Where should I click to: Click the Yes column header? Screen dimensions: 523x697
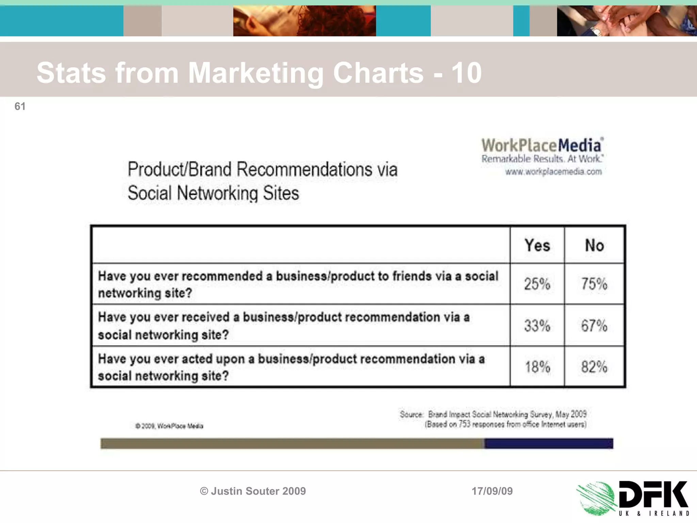coord(537,245)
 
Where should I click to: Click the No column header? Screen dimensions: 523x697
coord(594,245)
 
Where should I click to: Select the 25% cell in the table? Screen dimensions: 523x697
coord(537,284)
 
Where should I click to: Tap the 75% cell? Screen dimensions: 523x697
coord(594,284)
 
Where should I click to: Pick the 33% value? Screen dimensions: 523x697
coord(537,326)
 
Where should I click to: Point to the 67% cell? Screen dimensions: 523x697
coord(594,326)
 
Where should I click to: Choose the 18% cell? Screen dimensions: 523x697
coord(537,367)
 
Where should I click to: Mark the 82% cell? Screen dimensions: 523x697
coord(594,367)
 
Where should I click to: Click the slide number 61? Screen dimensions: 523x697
coord(20,107)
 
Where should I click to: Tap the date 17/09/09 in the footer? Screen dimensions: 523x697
coord(492,491)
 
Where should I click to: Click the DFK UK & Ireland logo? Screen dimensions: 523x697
coord(633,498)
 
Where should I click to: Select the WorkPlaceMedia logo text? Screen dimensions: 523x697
coord(542,146)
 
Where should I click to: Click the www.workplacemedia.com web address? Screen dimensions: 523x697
coord(553,172)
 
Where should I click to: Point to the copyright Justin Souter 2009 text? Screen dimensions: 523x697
coord(253,491)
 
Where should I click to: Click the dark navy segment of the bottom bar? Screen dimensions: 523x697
coord(549,443)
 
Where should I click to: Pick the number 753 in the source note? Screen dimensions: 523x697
coord(464,425)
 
